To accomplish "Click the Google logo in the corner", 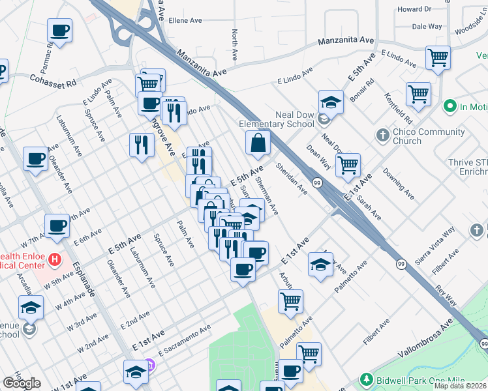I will click(22, 383).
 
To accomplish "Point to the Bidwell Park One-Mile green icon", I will click(367, 379).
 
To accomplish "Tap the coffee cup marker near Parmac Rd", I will click(59, 30).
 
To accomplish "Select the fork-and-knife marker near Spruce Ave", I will click(142, 145).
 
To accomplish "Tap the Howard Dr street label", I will click(415, 10).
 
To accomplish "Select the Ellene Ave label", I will click(186, 21).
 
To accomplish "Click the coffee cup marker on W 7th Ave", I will click(57, 225).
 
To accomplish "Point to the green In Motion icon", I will click(449, 106).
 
